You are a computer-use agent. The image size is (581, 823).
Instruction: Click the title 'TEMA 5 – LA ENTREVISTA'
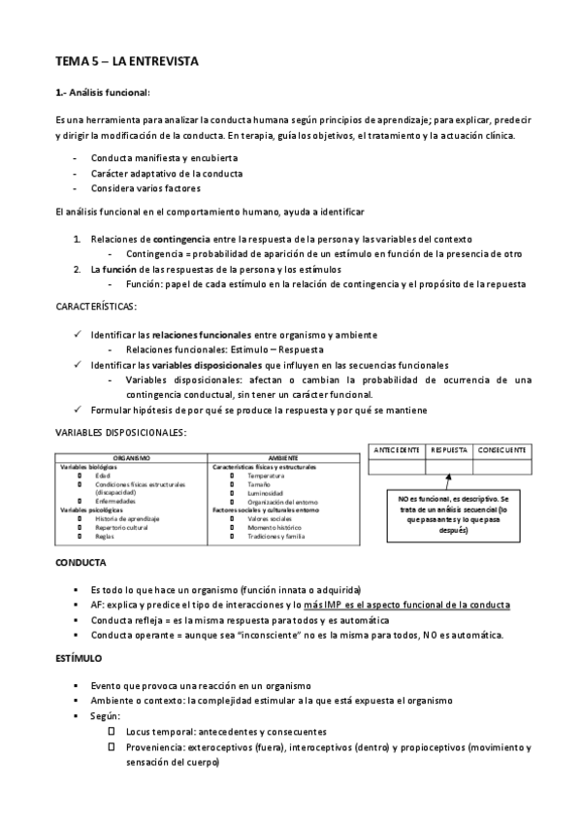click(126, 61)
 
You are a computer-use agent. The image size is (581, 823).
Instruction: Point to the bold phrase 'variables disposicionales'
click(208, 364)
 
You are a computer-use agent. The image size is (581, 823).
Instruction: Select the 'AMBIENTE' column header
click(283, 456)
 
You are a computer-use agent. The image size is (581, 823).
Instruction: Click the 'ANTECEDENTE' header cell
click(396, 450)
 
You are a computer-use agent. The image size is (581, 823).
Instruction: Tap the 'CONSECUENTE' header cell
click(502, 450)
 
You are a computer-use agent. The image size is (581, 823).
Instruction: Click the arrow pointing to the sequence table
click(448, 482)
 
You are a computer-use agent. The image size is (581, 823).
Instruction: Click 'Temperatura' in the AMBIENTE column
click(266, 476)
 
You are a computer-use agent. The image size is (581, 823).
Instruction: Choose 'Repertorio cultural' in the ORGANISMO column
click(120, 527)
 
